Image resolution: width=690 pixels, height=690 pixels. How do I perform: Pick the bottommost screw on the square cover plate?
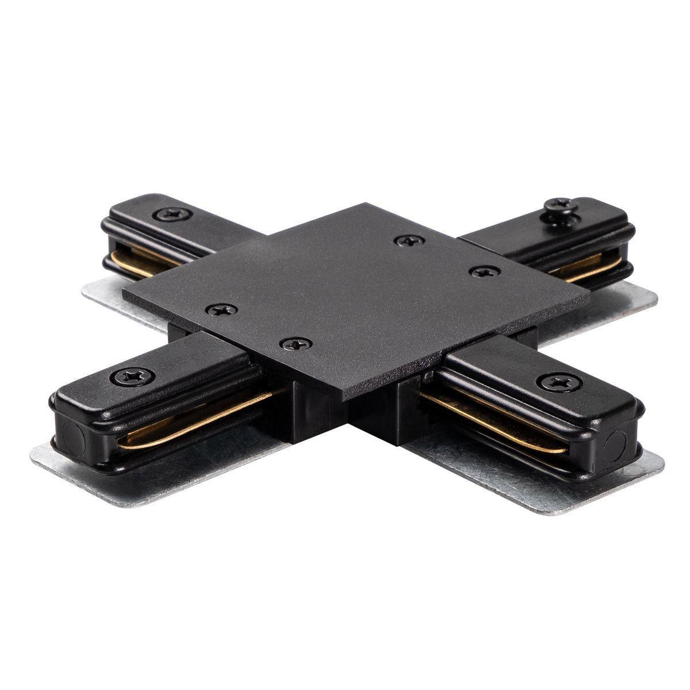coord(296,344)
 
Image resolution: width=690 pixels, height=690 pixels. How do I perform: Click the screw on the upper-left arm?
coord(172,215)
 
